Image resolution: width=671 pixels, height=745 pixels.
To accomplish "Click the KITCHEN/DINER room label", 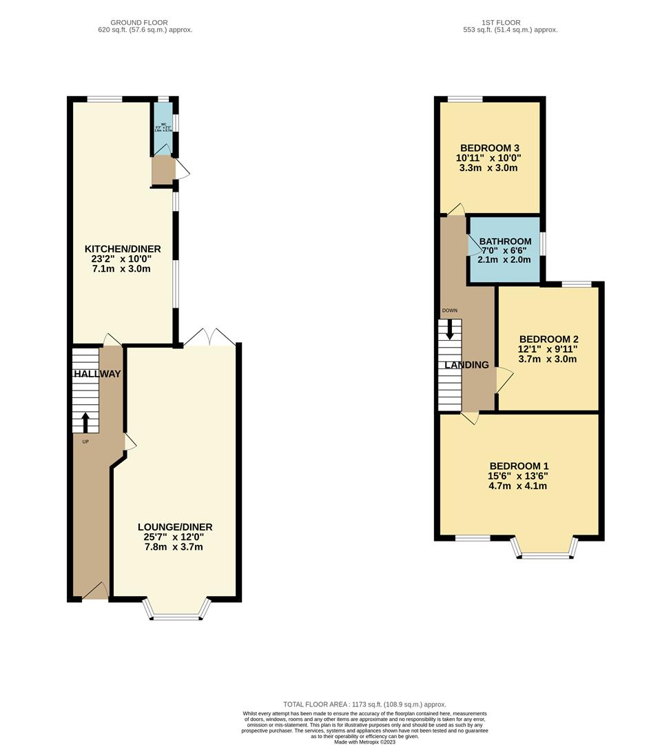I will tap(123, 249).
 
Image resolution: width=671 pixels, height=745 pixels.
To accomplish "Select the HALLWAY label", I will tap(96, 374).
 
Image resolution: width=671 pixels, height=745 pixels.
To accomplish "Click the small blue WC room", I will tap(163, 128).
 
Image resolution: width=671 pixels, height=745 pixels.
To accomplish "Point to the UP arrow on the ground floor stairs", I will tap(85, 421).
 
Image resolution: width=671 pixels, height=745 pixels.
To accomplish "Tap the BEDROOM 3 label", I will tap(489, 148).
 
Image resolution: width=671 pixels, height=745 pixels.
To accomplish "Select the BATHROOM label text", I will tap(505, 241).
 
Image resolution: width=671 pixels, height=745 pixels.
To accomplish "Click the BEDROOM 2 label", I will tap(548, 339).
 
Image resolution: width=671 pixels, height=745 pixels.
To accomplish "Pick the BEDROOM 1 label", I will tap(519, 465).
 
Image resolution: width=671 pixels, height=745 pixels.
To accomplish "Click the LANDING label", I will tap(466, 365).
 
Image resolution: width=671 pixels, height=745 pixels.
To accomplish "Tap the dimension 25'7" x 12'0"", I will tap(174, 537).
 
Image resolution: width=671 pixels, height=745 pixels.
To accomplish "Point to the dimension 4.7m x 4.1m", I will tap(519, 486).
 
